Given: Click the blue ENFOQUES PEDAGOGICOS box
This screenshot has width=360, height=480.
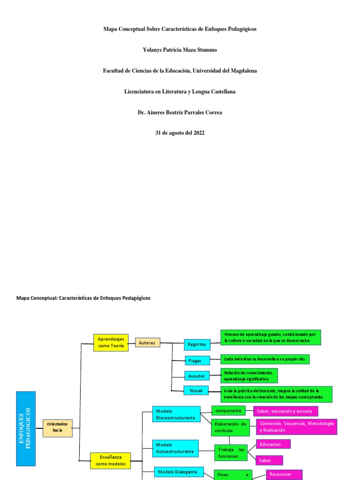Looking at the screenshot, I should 26,428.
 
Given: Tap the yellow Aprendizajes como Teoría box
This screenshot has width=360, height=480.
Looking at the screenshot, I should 111,343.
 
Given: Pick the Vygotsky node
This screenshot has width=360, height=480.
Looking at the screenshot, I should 197,344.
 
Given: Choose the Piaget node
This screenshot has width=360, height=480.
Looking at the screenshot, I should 195,360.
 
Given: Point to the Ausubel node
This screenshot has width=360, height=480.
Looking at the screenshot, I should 197,375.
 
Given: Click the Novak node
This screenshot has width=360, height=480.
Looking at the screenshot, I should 196,390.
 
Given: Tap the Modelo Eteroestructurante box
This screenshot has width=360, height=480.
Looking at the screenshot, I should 176,414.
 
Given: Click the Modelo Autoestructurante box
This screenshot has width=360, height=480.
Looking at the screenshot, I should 176,448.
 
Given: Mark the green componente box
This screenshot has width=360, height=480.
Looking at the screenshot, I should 229,411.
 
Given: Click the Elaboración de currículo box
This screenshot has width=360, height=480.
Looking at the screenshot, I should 230,427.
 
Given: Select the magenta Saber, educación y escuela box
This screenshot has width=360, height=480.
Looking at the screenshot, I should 286,411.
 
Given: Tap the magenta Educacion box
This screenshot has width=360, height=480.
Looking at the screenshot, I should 273,444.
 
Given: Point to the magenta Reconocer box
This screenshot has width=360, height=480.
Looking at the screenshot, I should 284,474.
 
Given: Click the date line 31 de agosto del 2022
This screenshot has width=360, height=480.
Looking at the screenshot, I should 180,133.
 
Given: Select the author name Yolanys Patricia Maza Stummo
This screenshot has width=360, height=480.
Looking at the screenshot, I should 180,50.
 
